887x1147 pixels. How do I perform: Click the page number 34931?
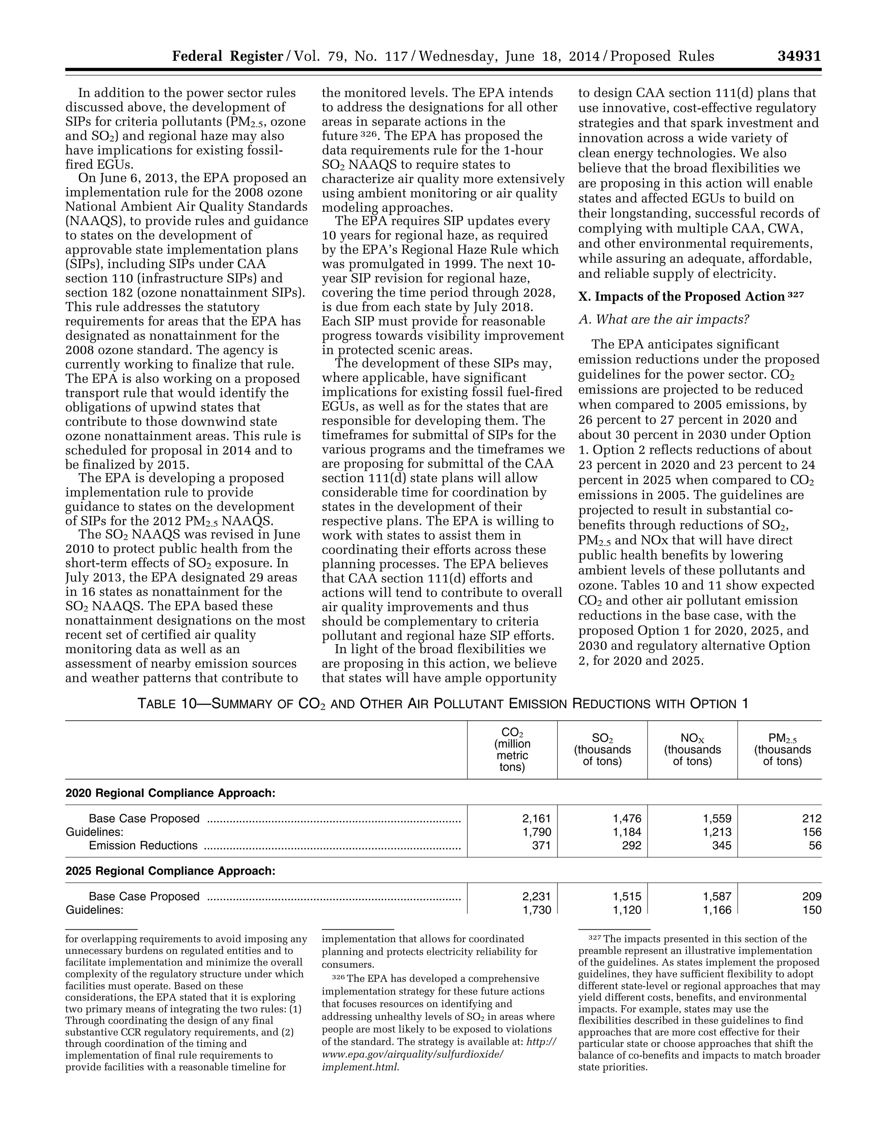coord(799,56)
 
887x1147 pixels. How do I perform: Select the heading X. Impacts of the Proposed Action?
coord(681,297)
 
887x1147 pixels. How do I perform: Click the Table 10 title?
coord(443,703)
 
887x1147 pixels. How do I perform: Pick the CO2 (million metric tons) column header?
coord(512,749)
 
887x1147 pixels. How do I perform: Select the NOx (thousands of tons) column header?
coord(692,749)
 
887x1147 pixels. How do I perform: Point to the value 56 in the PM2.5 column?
coord(815,846)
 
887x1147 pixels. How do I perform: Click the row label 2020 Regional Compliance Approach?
coord(170,793)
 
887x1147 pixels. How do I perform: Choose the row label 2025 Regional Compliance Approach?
coord(170,871)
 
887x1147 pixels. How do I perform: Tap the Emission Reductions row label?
coord(143,846)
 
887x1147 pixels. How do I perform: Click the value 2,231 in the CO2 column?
coord(537,896)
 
